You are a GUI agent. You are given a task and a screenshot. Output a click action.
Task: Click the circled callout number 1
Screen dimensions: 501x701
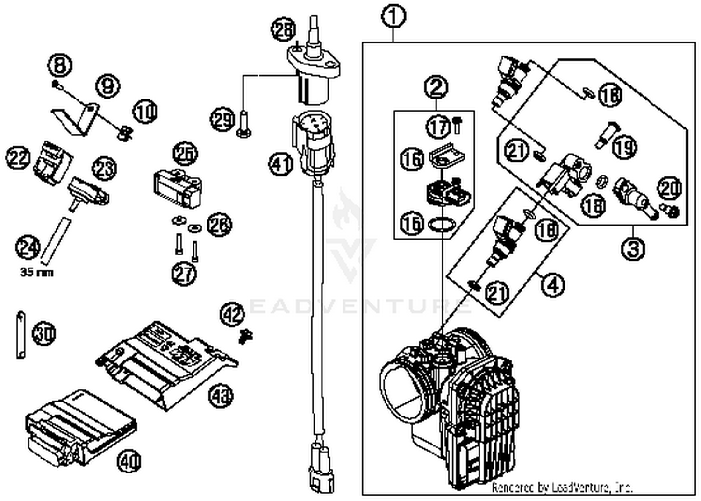click(393, 17)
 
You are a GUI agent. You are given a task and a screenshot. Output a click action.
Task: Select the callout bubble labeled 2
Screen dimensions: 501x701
click(436, 87)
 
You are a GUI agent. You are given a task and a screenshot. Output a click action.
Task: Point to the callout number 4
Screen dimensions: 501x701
click(553, 284)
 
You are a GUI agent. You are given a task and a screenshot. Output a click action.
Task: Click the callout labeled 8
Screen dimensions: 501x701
click(60, 65)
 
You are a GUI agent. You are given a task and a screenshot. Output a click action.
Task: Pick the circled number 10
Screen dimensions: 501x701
click(145, 112)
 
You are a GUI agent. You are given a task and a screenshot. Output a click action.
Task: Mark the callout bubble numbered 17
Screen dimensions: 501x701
click(438, 127)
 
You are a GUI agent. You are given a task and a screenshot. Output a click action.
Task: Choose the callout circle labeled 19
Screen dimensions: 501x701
click(624, 147)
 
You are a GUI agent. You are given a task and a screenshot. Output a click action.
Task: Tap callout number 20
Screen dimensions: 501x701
click(670, 188)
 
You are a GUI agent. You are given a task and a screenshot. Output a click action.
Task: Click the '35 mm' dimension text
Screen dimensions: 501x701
click(36, 272)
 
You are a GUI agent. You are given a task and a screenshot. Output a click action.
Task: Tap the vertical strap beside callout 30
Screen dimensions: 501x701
click(21, 335)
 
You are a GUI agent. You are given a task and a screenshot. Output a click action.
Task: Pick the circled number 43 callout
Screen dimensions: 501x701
click(221, 397)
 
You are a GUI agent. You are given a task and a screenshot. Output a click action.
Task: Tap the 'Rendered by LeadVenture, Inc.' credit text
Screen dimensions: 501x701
click(562, 487)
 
